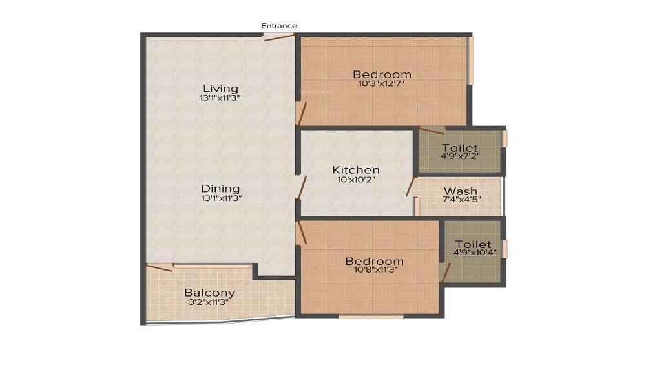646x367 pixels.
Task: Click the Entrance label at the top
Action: tap(279, 26)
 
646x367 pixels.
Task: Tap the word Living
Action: tap(220, 89)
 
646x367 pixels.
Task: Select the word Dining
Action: tap(220, 189)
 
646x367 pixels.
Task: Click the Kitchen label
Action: tap(355, 170)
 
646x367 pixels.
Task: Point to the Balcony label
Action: tap(209, 293)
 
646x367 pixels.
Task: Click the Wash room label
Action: tap(461, 191)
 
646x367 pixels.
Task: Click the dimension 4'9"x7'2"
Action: tap(460, 156)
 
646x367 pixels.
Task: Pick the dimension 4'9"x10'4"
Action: tap(473, 253)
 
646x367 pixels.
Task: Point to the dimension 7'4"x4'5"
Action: tap(461, 200)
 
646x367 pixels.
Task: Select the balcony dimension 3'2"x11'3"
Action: tap(209, 302)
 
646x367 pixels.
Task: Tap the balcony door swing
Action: tap(159, 267)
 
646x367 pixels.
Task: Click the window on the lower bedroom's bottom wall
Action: tap(371, 317)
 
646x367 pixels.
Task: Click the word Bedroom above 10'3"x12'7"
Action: tap(382, 74)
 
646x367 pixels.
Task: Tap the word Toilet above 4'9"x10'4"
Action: tap(473, 244)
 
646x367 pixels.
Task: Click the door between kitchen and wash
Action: tap(410, 185)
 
